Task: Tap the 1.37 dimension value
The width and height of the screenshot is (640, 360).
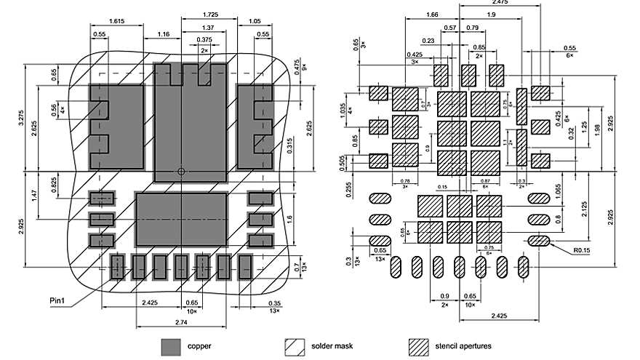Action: click(208, 28)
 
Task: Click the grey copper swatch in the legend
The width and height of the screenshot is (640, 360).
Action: click(171, 345)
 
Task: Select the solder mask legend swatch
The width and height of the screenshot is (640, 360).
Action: click(296, 345)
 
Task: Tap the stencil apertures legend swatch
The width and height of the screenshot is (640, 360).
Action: click(420, 345)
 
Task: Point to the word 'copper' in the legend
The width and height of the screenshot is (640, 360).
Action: click(199, 346)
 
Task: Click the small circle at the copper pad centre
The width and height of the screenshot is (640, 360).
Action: click(181, 172)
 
